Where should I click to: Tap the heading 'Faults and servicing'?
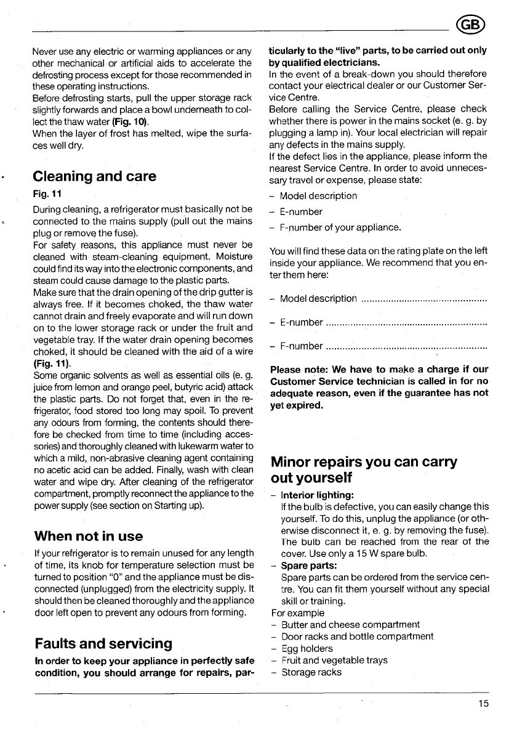[102, 643]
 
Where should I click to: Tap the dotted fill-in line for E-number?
[406, 323]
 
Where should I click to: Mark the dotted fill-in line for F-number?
[406, 346]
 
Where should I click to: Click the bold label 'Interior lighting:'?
[316, 494]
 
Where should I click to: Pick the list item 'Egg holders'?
[307, 649]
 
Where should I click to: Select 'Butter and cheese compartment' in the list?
[350, 625]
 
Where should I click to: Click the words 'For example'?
[297, 613]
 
